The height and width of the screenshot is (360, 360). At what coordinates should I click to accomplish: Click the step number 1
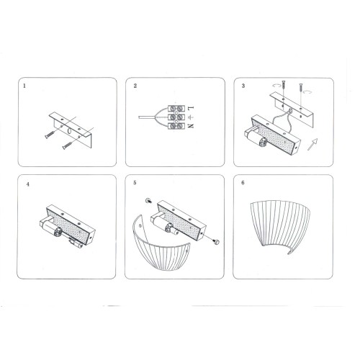coord(24,86)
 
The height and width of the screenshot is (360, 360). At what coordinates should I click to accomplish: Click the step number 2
coord(135,86)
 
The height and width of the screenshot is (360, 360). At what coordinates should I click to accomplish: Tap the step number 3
coord(243,86)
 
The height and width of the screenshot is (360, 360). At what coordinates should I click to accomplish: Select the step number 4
coord(28,184)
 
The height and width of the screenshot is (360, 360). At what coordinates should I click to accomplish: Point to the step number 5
coord(135,183)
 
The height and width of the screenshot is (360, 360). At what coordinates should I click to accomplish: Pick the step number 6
coord(243,183)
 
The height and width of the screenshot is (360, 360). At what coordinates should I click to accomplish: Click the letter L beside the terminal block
coord(191,108)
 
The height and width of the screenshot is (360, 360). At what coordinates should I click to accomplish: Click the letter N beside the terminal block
coord(191,126)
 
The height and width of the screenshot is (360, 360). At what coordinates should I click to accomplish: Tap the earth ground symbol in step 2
coord(190,117)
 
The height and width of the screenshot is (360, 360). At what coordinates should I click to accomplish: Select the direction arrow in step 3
coord(312,144)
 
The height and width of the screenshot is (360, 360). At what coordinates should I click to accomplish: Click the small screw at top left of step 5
coord(148,201)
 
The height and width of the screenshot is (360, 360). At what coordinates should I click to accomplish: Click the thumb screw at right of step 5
coord(217,242)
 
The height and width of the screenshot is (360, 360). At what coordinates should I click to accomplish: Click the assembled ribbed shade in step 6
coord(280,225)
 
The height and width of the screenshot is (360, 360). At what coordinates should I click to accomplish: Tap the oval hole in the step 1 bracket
coord(69,131)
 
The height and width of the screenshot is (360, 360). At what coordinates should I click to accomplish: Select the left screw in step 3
coord(284,86)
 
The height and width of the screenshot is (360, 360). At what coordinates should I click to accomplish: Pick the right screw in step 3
coord(300,91)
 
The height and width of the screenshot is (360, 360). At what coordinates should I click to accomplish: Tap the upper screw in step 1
coord(50,135)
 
